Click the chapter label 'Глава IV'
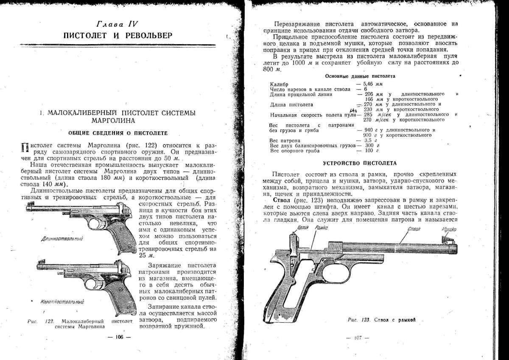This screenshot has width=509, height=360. tap(118, 24)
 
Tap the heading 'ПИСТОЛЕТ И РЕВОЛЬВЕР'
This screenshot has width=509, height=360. tap(118, 35)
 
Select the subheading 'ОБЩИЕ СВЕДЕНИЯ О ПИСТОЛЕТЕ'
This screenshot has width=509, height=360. tap(118, 132)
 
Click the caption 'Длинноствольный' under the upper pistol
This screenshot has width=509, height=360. tap(62, 239)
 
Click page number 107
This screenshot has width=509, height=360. tap(358, 338)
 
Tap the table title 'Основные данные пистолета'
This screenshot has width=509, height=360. tap(360, 76)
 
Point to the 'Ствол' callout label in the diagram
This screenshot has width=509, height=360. tap(413, 230)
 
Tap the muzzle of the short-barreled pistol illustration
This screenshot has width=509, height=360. tap(39, 267)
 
